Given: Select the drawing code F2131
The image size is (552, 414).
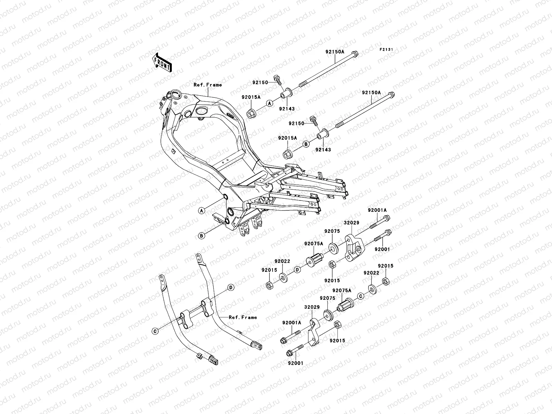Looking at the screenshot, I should tap(386, 50).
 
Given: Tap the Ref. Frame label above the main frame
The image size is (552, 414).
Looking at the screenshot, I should tap(207, 85).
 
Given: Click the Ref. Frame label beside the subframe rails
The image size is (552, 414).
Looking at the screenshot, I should tap(244, 317).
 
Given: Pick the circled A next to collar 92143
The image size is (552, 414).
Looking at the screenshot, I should tap(270, 103).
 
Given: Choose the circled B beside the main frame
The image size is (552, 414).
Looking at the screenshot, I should tap(202, 236).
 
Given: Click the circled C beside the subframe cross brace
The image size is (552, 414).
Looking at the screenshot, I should tap(155, 331).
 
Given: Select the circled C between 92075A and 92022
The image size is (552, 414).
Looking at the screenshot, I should tap(360, 296).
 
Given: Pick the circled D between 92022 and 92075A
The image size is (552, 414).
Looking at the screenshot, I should tap(296, 269).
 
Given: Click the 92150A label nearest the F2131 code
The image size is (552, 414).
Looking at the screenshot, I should tap(335, 52).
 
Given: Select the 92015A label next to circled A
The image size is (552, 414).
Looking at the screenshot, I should tap(251, 97).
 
